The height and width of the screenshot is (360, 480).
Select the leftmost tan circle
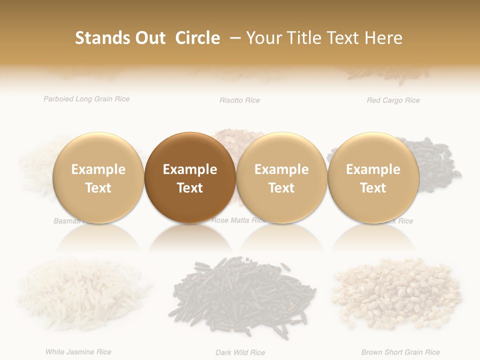pyautogui.click(x=98, y=177)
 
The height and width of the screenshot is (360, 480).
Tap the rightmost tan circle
pyautogui.click(x=373, y=177)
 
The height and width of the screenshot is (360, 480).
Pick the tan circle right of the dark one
pyautogui.click(x=281, y=177)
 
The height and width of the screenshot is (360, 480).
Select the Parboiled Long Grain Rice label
pyautogui.click(x=86, y=99)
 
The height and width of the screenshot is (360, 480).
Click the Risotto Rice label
pyautogui.click(x=239, y=100)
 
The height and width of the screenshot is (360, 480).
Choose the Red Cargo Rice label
pyautogui.click(x=393, y=100)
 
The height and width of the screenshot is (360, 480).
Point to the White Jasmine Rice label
pyautogui.click(x=78, y=352)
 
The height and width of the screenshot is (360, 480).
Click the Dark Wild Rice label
pyautogui.click(x=240, y=353)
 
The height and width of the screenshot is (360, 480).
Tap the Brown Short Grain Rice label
pyautogui.click(x=400, y=352)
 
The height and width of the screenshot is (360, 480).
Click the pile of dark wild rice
pyautogui.click(x=244, y=295)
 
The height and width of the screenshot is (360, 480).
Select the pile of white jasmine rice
pyautogui.click(x=82, y=292)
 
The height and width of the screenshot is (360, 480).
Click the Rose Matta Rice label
pyautogui.click(x=239, y=220)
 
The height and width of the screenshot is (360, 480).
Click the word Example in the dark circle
pyautogui.click(x=190, y=169)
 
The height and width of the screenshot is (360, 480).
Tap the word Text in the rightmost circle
pyautogui.click(x=373, y=188)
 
